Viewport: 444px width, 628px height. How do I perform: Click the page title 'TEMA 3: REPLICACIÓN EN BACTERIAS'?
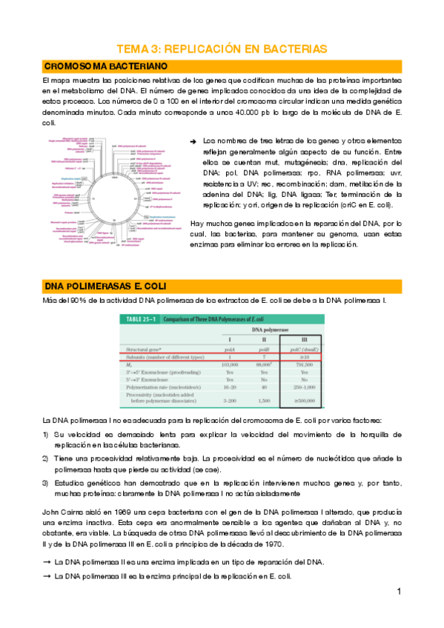pos(222,49)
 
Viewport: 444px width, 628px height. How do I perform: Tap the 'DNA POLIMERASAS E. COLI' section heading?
pos(105,286)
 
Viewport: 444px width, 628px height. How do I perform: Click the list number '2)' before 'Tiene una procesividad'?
pos(45,459)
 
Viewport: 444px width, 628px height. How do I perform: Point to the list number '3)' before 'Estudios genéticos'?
pos(45,483)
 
